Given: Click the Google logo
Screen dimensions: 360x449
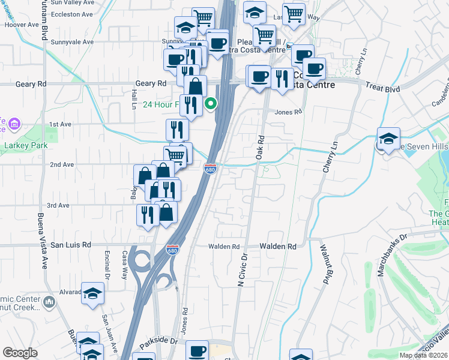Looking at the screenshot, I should coord(20,353).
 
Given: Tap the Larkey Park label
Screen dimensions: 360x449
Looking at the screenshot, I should coord(23,145).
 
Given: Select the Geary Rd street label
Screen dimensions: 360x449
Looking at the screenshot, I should coord(151,83).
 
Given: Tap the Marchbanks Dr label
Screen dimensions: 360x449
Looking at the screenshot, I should coord(391,255).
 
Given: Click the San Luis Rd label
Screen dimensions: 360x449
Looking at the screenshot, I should coord(70,245).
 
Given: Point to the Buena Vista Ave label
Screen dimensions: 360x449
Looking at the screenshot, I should coord(42,240).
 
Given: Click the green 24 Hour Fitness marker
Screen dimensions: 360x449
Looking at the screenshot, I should coord(211,104).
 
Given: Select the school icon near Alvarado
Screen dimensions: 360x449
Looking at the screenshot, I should coord(92,293).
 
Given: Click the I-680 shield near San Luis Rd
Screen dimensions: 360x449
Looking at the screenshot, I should coord(172,249).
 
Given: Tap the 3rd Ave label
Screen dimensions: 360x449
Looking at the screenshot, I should coord(59,205).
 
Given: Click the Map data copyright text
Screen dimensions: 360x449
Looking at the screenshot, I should coord(424,355).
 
